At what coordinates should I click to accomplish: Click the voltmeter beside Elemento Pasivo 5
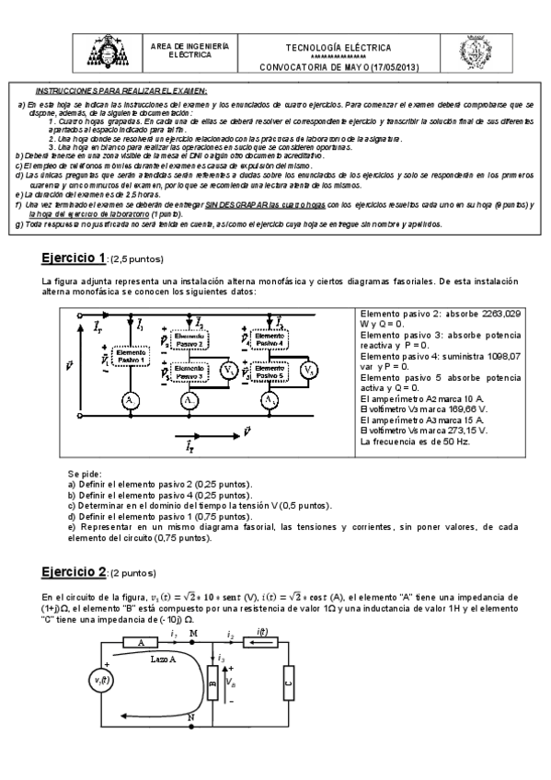pos(310,371)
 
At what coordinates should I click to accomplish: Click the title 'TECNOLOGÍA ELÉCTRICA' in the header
pos(338,48)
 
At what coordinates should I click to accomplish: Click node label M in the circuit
pos(192,633)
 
